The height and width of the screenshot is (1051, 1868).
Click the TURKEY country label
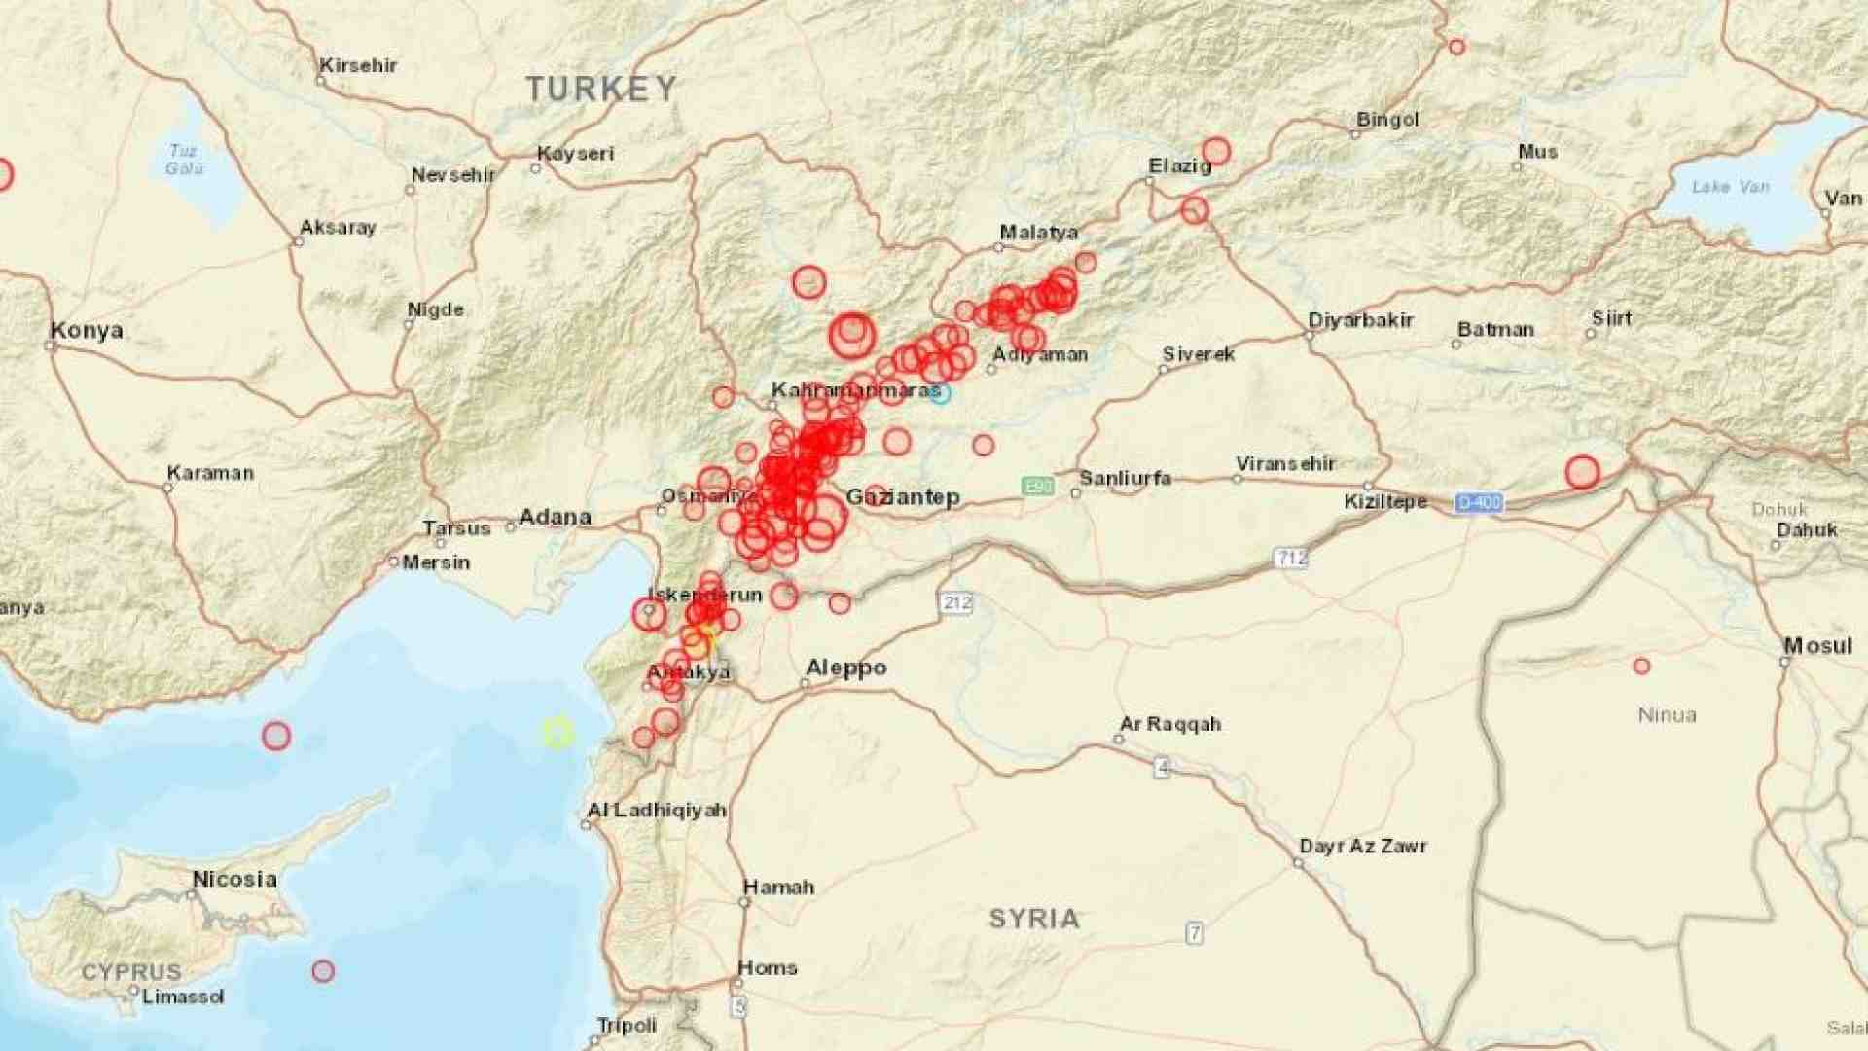tap(601, 90)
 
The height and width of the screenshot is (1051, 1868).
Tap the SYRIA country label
tap(1034, 919)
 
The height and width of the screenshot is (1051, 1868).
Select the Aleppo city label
tap(845, 668)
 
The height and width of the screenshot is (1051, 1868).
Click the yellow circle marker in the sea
tap(557, 733)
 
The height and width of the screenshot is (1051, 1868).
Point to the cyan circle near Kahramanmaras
tap(939, 393)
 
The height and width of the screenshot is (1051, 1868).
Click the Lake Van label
tap(1730, 186)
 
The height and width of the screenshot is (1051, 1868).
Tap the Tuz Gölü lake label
tap(184, 160)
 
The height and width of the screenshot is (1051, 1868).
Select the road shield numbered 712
tap(1291, 558)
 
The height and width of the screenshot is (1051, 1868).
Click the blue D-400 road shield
tap(1479, 502)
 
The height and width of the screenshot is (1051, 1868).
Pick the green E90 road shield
tap(1037, 486)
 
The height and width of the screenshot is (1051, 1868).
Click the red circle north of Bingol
tap(1456, 47)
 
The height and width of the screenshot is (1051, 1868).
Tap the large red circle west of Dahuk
tap(1583, 472)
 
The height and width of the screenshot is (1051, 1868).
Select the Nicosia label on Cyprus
tap(234, 879)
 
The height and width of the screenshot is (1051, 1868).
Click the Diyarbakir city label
tap(1360, 320)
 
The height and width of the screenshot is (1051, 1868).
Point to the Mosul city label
tap(1817, 646)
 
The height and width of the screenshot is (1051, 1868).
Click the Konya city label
tap(87, 330)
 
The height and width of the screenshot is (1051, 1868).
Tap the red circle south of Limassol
tap(323, 970)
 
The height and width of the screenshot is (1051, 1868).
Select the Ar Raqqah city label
tap(1170, 724)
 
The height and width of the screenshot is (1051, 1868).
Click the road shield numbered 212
tap(956, 602)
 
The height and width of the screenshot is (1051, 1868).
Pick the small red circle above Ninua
tap(1642, 667)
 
